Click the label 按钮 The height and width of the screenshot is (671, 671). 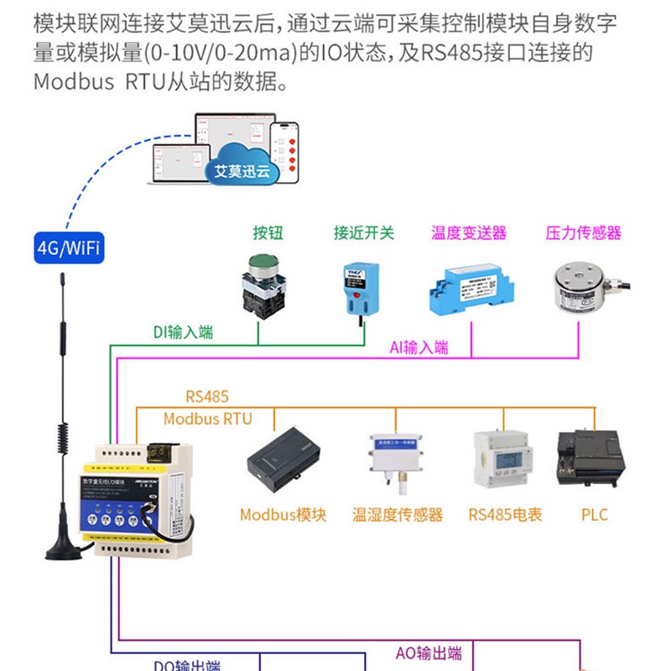coord(267,232)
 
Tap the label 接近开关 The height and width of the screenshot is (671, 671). coord(363,232)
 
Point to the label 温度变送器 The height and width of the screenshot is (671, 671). coord(469,232)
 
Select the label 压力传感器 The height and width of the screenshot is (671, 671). coord(583,232)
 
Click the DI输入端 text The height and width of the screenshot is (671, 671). coord(183,332)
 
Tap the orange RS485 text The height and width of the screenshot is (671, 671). coord(206,396)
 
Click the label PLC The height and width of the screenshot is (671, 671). coord(594,514)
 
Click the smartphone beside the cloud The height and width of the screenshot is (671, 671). coord(285,152)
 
